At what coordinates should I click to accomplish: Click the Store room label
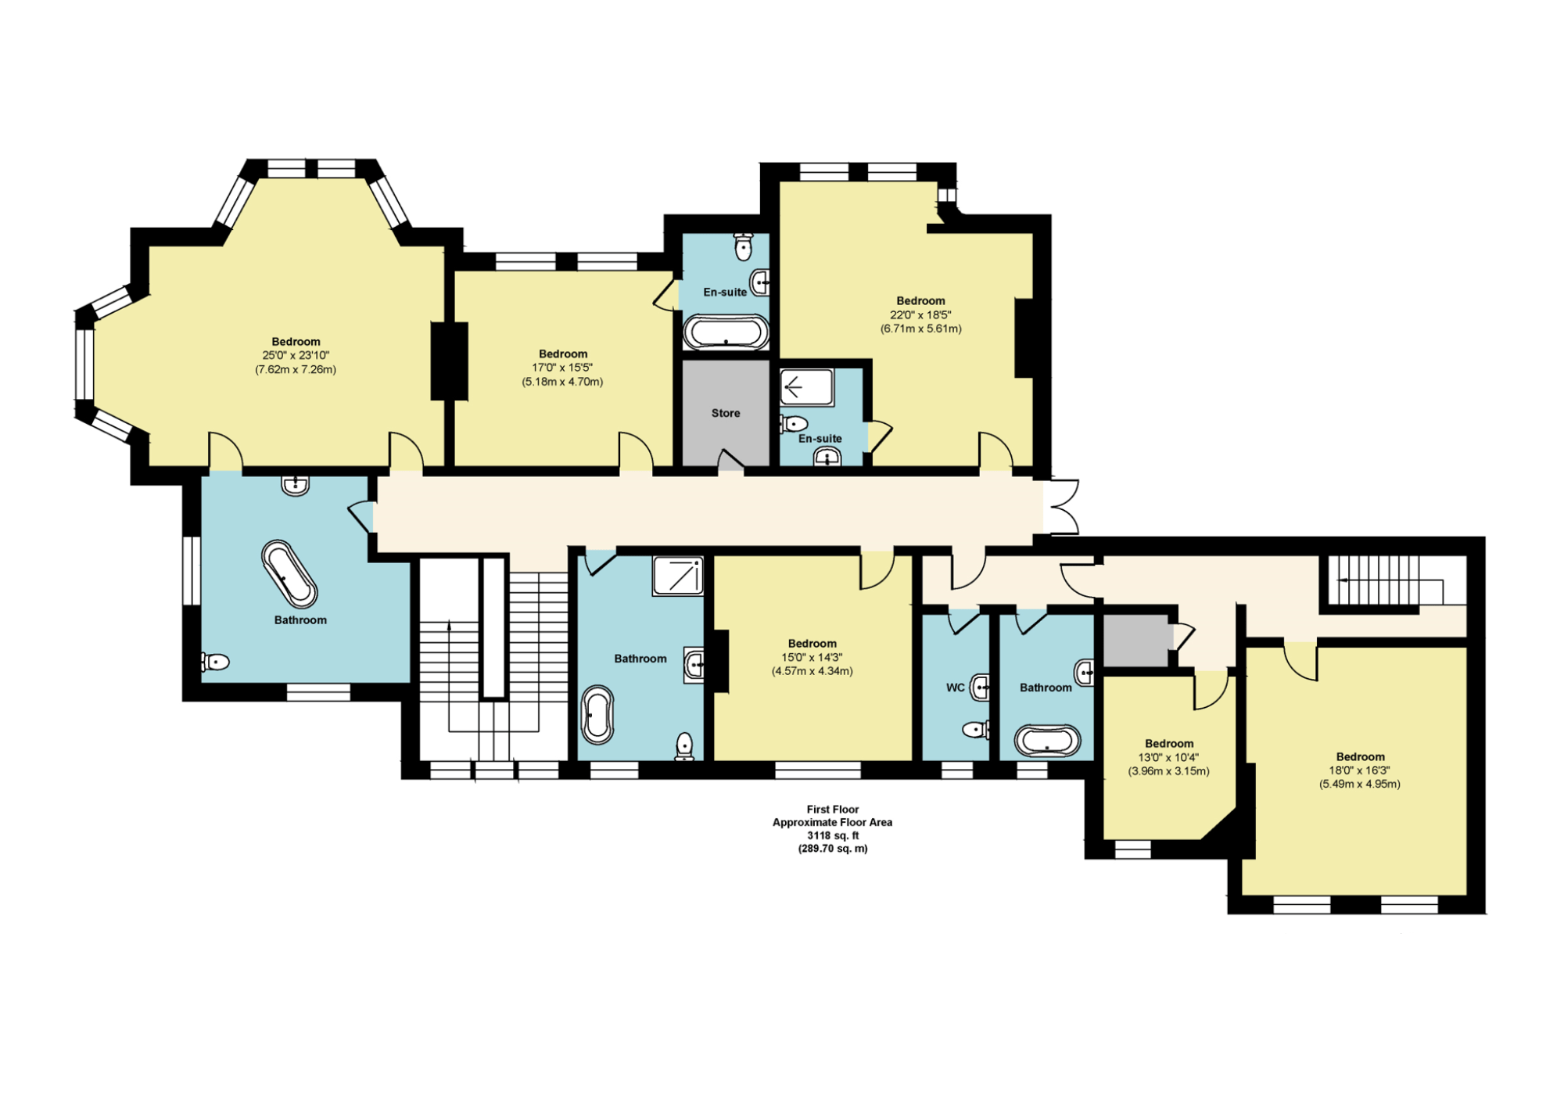tap(725, 413)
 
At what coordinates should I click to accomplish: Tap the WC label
tap(955, 688)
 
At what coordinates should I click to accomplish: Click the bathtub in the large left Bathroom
tap(289, 573)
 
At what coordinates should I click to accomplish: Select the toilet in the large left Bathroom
tap(215, 662)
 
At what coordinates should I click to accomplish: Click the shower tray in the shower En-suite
tap(806, 387)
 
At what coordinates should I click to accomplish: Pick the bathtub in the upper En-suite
tap(726, 332)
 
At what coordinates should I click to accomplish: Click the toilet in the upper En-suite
tap(744, 246)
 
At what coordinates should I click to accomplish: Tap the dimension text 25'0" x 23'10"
tap(296, 355)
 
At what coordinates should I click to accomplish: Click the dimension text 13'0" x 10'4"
tap(1168, 757)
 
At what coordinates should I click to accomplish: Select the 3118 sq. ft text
tap(832, 835)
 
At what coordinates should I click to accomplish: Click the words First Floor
tap(832, 810)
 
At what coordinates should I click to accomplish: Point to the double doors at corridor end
tap(1062, 507)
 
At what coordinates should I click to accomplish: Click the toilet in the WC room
tap(976, 730)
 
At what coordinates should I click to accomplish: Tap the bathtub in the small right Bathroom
tap(1047, 741)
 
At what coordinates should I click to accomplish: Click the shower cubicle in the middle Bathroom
tap(677, 576)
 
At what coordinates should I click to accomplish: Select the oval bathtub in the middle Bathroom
tap(597, 715)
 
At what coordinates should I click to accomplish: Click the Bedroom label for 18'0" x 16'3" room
tap(1360, 756)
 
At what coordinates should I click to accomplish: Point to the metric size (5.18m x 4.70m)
tap(562, 382)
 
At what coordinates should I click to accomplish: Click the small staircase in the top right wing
tap(1380, 580)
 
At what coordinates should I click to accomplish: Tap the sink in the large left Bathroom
tap(295, 485)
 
